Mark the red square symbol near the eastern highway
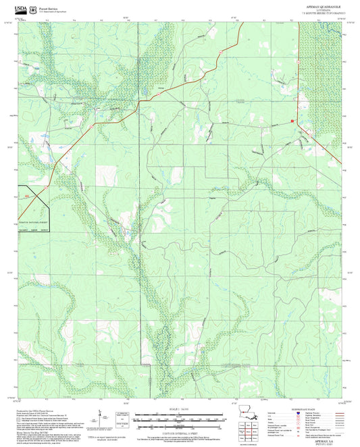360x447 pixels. pos(292,121)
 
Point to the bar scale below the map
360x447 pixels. pos(179,419)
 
